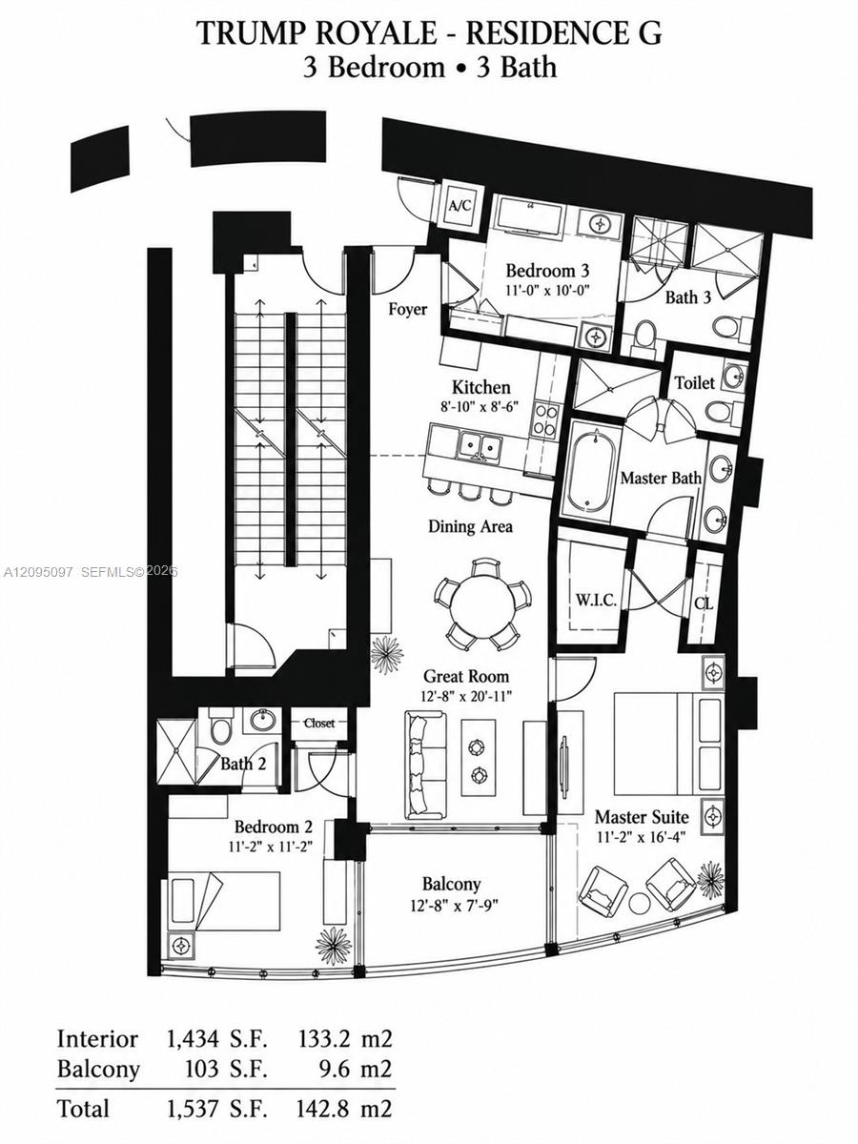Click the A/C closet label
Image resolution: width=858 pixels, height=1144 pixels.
click(x=460, y=206)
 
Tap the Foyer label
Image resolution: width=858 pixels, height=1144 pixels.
click(x=407, y=309)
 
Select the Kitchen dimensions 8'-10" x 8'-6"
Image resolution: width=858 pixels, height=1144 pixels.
click(x=480, y=406)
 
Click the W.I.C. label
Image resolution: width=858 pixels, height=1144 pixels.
click(x=596, y=600)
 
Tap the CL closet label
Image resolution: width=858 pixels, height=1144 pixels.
click(x=704, y=603)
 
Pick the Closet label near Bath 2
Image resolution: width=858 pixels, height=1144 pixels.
click(x=319, y=723)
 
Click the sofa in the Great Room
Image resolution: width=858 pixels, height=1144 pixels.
click(x=425, y=763)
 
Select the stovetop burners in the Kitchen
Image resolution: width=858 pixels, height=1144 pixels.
click(x=545, y=420)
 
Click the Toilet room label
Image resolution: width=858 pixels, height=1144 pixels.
click(x=694, y=382)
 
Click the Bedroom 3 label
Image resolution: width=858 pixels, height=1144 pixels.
click(x=547, y=271)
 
